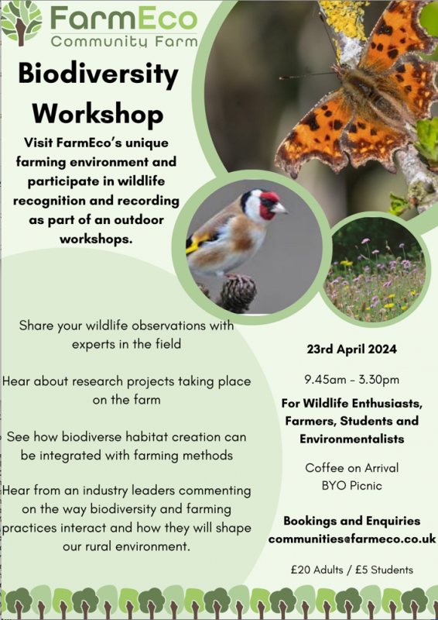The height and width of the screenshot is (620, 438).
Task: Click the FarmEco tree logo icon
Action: click(x=22, y=23)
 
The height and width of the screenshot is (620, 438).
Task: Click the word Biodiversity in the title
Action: click(x=98, y=74)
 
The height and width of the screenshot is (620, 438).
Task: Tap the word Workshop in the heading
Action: click(x=98, y=114)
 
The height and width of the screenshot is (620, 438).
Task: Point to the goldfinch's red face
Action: click(x=269, y=204)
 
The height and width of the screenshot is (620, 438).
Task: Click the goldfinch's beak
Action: click(x=281, y=208)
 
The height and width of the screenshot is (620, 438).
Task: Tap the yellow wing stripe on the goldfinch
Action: click(x=198, y=243)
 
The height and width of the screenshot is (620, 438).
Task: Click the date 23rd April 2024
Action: click(x=351, y=350)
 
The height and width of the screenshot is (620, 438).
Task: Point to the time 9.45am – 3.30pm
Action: click(x=351, y=380)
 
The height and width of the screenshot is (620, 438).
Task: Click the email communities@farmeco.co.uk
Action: click(x=352, y=539)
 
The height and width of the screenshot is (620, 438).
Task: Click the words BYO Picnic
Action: click(x=351, y=486)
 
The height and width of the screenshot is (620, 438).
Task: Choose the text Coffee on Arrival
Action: click(x=351, y=468)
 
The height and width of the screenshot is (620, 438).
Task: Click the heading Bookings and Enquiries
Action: click(x=351, y=521)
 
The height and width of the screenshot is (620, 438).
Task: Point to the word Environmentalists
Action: click(x=351, y=439)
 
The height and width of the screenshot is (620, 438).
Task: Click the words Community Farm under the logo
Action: click(x=124, y=41)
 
